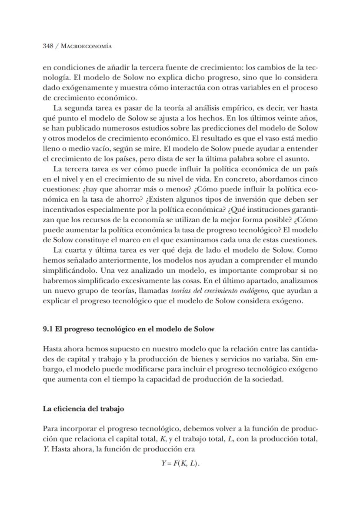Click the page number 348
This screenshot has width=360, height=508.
click(48, 46)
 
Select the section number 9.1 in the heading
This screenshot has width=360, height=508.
click(48, 329)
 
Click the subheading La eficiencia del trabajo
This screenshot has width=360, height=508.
click(83, 409)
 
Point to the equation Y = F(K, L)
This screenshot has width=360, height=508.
click(180, 463)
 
